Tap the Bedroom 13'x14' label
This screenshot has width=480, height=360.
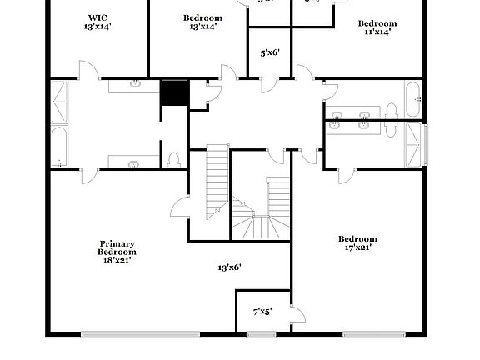(x=202, y=22)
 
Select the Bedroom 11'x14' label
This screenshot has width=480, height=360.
(x=377, y=27)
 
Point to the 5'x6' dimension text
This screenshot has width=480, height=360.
(x=269, y=52)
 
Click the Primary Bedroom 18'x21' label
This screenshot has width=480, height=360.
(x=116, y=252)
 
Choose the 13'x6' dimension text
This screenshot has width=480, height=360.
(x=229, y=267)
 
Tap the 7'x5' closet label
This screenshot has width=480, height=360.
(x=262, y=312)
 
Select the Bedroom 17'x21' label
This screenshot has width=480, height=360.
(x=357, y=242)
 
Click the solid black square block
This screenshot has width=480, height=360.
(x=174, y=92)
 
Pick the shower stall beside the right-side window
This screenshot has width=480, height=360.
(x=414, y=143)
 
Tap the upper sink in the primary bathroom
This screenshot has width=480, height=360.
(x=135, y=83)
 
